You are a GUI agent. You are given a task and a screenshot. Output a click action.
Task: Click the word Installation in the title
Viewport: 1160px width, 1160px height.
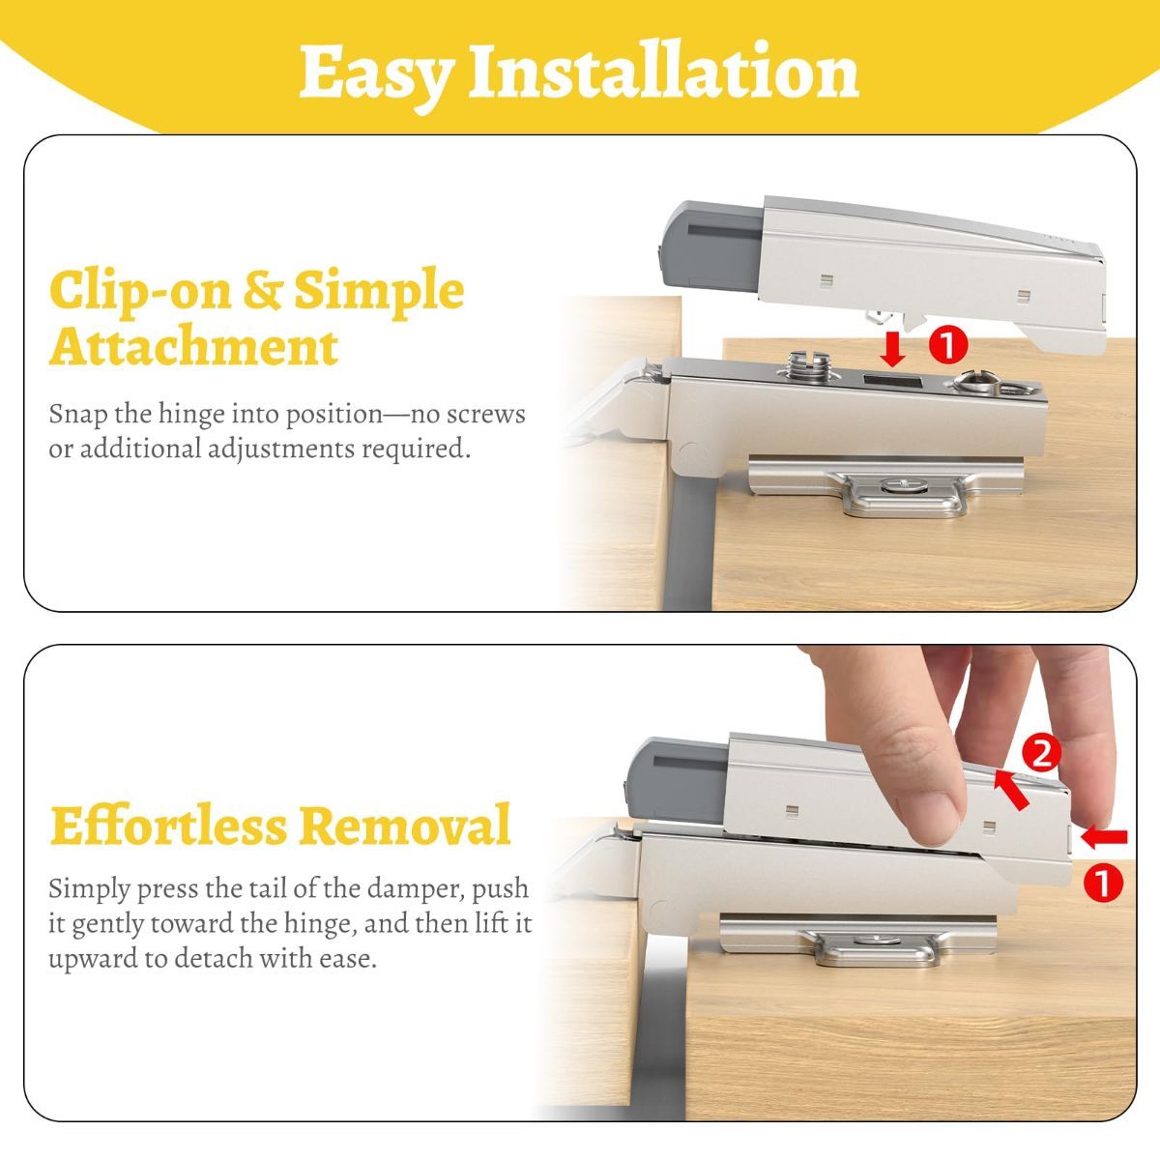(663, 70)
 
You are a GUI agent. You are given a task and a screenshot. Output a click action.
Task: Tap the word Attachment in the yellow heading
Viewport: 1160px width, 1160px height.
(193, 347)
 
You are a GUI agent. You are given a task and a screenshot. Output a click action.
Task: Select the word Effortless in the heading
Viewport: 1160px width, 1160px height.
(168, 825)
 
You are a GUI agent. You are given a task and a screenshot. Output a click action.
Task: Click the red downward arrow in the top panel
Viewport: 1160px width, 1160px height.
(892, 350)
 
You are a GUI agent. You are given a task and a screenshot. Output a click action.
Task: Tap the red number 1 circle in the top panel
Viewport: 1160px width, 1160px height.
(947, 344)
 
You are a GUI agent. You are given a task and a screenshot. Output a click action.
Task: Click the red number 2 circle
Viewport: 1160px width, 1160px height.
(1041, 753)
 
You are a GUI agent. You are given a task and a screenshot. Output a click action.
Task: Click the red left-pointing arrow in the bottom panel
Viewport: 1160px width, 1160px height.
(1104, 836)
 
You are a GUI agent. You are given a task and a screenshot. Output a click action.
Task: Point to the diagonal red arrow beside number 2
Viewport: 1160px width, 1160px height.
(1011, 789)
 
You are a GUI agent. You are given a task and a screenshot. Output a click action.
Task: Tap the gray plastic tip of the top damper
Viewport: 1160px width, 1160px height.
(710, 246)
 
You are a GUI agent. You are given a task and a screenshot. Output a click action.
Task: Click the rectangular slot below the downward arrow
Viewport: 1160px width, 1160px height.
(892, 382)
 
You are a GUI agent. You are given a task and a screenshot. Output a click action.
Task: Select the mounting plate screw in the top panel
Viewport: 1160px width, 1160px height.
(900, 484)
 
